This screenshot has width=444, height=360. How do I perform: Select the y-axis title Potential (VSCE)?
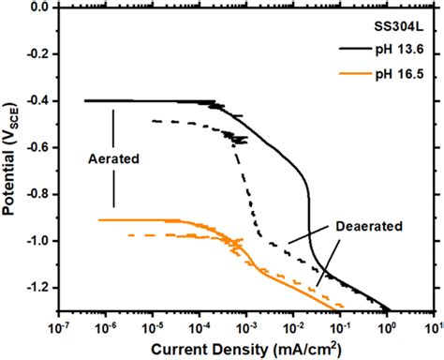[12, 155]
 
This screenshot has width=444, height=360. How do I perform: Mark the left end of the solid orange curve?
[99, 219]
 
